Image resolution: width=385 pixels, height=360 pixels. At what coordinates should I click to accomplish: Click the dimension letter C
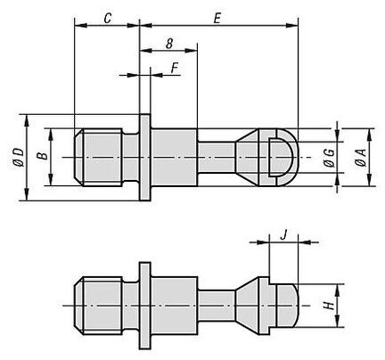pos(108,18)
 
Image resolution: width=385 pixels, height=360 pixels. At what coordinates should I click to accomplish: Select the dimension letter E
pos(217,19)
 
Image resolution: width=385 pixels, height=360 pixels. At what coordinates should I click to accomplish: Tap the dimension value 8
pos(169,44)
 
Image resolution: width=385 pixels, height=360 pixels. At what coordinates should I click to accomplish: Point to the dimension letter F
pos(175,68)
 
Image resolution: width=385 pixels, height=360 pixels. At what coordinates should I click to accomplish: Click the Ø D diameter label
pos(19,158)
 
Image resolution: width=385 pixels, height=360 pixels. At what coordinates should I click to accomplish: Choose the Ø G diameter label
pos(330,158)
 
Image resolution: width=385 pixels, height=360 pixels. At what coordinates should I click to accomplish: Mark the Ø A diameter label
pos(360,158)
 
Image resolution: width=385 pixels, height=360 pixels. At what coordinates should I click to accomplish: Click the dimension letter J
pos(284,235)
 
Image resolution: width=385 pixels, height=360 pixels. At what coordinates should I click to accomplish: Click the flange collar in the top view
pos(145,157)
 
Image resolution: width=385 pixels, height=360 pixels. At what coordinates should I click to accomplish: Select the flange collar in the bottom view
pos(145,306)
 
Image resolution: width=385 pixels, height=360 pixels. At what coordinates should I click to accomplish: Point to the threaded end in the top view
pos(98,157)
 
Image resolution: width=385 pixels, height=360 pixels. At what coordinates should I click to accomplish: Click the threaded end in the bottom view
pos(98,306)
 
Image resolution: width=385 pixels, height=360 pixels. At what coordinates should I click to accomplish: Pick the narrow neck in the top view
pos(217,158)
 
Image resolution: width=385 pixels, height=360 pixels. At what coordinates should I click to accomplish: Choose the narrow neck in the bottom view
pos(217,306)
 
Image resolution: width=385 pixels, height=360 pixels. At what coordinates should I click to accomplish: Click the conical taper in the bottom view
pos(247,306)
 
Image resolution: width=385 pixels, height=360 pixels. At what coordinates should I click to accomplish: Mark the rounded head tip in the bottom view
pos(286,306)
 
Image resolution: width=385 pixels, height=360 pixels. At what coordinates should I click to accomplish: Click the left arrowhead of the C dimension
pos(80,26)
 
